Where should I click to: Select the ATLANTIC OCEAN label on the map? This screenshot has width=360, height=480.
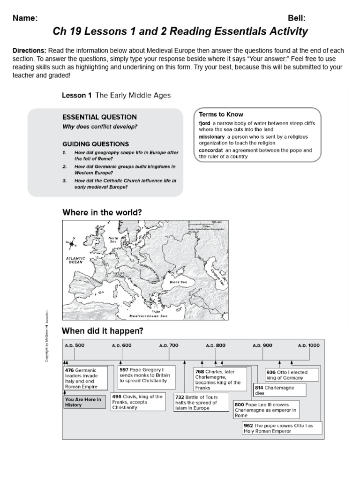click(75, 260)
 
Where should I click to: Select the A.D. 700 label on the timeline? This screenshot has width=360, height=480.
click(169, 345)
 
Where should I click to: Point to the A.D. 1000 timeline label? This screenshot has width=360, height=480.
click(308, 345)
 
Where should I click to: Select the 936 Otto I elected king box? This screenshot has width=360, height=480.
click(292, 375)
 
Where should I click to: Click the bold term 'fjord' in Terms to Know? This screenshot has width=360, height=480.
click(204, 123)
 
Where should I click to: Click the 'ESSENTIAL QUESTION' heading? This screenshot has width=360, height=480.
click(99, 117)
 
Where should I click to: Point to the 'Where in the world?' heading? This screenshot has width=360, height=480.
click(102, 212)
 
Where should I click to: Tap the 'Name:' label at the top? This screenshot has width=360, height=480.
click(25, 18)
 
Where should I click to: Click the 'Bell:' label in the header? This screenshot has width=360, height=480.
click(297, 18)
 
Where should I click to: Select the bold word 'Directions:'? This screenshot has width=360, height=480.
click(29, 51)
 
